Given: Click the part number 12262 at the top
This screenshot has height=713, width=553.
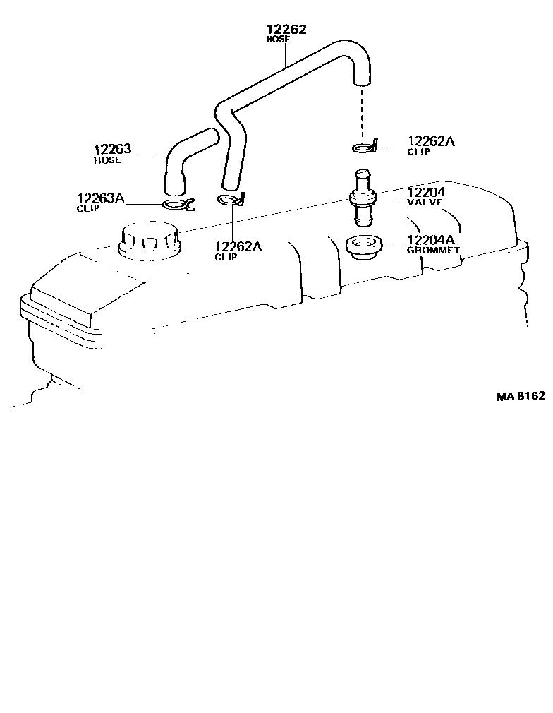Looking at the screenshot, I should tap(286, 30).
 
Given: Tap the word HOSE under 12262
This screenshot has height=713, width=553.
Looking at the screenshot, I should tap(277, 40).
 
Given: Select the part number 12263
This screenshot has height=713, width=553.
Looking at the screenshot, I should tap(113, 150).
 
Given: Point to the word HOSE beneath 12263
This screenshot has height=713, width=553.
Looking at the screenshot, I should tap(107, 160).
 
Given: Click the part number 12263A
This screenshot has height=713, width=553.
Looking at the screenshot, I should tap(100, 198).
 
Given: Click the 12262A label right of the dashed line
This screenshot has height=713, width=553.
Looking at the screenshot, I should tap(431, 142).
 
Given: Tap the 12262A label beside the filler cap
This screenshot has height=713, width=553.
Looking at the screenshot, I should tap(238, 246).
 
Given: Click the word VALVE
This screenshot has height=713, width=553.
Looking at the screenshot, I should tap(424, 202).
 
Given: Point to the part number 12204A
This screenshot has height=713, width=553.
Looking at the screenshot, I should tap(431, 240).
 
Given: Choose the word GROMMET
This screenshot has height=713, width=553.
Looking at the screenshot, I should tap(433, 250).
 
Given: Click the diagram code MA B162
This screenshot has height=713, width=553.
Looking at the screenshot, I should tap(521, 397).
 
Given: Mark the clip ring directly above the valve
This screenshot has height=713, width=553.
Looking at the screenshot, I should tap(363, 148).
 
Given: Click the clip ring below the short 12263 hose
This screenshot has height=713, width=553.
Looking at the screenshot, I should tap(177, 205).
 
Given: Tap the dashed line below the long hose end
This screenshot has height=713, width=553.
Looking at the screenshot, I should tap(363, 113).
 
